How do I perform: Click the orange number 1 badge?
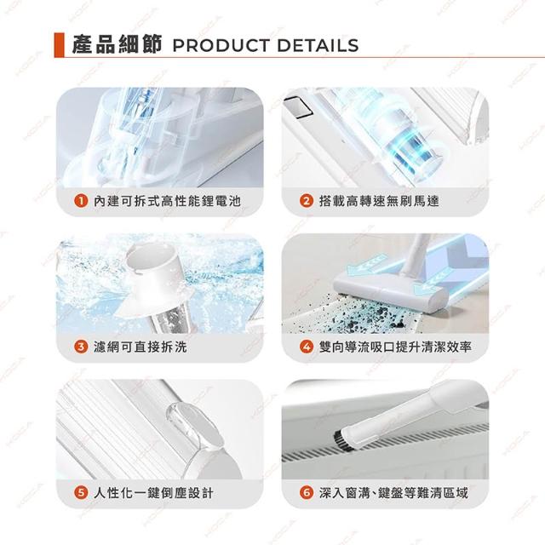pyautogui.click(x=81, y=201)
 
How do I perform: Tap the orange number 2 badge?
pyautogui.click(x=307, y=201)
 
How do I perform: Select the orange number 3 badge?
pyautogui.click(x=81, y=347)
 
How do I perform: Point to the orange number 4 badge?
pyautogui.click(x=307, y=347)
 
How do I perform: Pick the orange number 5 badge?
pyautogui.click(x=81, y=492)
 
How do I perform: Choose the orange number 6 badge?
pyautogui.click(x=307, y=492)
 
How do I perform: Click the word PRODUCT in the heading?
pyautogui.click(x=221, y=45)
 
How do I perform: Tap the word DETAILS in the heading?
pyautogui.click(x=318, y=45)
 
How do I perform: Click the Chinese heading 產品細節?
pyautogui.click(x=117, y=45)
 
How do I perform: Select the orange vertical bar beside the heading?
pyautogui.click(x=59, y=45)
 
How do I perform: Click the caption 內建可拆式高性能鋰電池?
pyautogui.click(x=167, y=201)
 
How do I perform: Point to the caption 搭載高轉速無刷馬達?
pyautogui.click(x=379, y=201)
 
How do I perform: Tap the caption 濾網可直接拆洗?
pyautogui.click(x=141, y=347)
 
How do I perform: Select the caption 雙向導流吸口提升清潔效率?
pyautogui.click(x=395, y=347)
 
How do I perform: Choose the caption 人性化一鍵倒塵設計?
pyautogui.click(x=153, y=492)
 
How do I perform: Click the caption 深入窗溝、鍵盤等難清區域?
pyautogui.click(x=393, y=492)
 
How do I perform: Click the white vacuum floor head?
pyautogui.click(x=389, y=290)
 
